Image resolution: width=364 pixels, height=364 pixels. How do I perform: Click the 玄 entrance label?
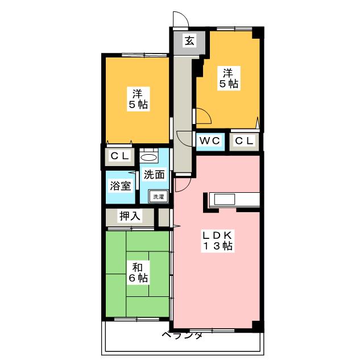tap(189, 41)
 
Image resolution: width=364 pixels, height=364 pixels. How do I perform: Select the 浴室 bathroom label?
tap(121, 186)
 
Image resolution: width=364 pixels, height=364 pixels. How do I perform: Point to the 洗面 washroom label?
tap(154, 175)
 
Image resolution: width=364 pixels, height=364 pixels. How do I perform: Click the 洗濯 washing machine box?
tap(158, 197)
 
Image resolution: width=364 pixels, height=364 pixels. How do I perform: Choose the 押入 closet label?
tap(130, 216)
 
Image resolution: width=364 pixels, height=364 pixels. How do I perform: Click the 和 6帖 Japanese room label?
tap(138, 272)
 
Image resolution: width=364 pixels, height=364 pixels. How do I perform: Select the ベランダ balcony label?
tap(182, 335)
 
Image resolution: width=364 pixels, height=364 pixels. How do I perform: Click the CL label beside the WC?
tap(245, 140)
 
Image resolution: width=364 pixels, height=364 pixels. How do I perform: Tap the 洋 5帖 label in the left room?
tap(138, 98)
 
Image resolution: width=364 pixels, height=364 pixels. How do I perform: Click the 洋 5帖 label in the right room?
tap(227, 78)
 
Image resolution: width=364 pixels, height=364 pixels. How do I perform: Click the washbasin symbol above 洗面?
tap(149, 157)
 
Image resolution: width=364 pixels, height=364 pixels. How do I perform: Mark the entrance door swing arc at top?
tap(180, 19)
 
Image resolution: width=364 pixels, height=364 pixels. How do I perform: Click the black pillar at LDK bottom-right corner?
tap(258, 326)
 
